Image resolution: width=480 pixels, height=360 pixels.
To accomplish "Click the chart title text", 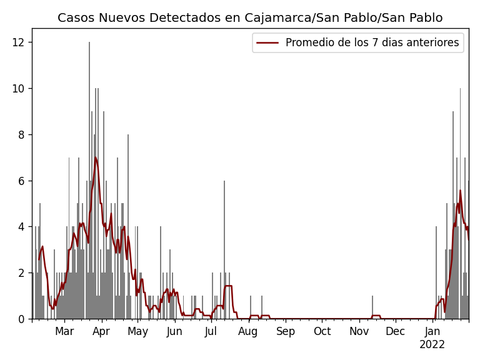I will click(x=250, y=18).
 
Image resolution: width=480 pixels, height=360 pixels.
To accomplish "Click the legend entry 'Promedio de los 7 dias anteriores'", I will click(x=372, y=43).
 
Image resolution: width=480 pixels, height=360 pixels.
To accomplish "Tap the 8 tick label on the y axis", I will click(x=23, y=134).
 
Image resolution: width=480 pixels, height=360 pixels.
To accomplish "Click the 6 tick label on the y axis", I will click(x=23, y=181).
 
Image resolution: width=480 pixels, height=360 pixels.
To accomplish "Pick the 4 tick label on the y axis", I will click(x=23, y=227).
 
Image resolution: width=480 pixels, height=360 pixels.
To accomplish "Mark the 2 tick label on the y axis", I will click(x=23, y=273).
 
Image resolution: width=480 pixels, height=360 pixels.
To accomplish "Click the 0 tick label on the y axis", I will click(x=23, y=319).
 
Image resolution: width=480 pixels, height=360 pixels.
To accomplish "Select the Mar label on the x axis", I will click(x=64, y=331).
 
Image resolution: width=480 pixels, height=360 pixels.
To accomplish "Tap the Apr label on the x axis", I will click(x=101, y=331).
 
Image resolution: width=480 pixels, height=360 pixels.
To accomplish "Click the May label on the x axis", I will click(x=137, y=331).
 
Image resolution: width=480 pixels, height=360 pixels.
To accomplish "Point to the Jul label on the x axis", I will click(x=211, y=331).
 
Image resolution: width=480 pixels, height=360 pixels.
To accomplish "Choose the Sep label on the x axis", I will click(x=285, y=331).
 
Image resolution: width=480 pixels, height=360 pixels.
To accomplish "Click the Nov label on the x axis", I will click(x=359, y=331).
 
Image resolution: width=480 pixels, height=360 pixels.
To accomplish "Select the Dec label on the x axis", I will click(x=395, y=331).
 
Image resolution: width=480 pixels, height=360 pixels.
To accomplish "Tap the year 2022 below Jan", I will click(x=432, y=345).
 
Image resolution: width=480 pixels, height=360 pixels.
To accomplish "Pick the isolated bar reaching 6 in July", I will click(x=224, y=250).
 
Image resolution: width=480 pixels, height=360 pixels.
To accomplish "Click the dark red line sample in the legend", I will click(x=267, y=43).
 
